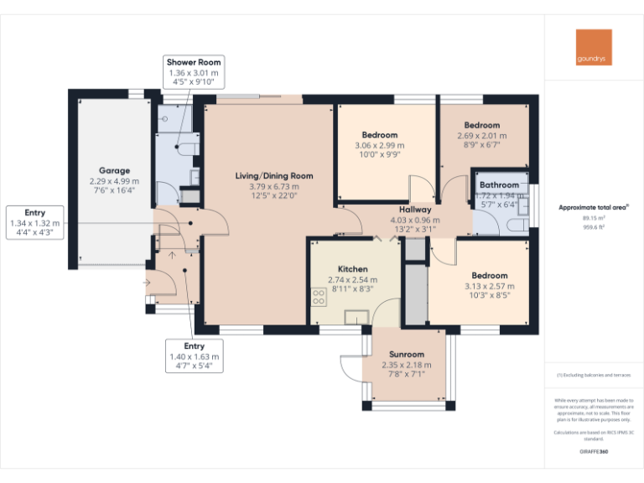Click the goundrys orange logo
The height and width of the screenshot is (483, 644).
coord(594,48)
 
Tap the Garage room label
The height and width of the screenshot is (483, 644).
coord(114,170)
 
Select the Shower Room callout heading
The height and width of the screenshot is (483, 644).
coord(194,63)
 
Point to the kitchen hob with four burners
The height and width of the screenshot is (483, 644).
coord(319,297)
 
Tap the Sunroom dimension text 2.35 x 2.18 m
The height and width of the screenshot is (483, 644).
coord(407,365)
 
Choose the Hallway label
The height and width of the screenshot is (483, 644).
coord(415,210)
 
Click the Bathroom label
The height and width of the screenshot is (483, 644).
coord(498,184)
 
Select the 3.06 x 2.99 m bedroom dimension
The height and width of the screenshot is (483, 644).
coord(380,145)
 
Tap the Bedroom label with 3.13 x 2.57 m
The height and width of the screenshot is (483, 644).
coord(489,276)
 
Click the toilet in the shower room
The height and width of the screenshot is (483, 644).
coord(186,148)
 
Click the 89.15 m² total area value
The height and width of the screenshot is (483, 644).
coord(594,218)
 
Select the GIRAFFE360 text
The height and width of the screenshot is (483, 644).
coord(594,452)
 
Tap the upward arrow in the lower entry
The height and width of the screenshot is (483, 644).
coord(173,254)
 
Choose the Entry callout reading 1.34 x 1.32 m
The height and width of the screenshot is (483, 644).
coord(34,222)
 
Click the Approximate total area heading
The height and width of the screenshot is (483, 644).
coord(593,206)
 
